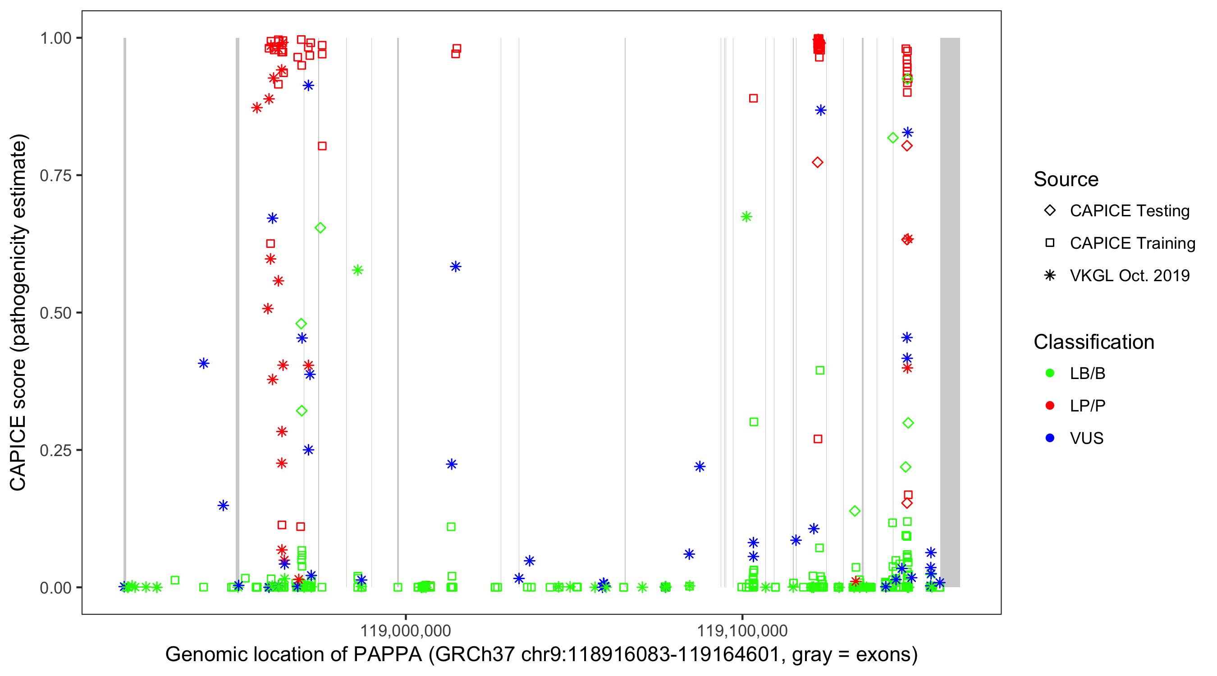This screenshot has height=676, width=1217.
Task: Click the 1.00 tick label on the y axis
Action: [x=55, y=38]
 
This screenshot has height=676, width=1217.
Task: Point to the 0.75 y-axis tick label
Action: [x=55, y=175]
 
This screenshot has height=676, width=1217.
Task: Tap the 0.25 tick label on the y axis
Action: [x=55, y=450]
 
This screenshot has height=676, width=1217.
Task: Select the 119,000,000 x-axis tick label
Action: [x=405, y=630]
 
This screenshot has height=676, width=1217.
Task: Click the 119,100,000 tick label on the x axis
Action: [x=742, y=630]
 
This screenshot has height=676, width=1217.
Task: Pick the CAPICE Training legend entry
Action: [x=1050, y=243]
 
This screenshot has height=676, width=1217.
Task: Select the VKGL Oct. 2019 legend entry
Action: [x=1050, y=275]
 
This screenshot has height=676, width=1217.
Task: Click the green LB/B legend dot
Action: [x=1050, y=373]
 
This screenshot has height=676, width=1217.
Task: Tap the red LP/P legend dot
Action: [x=1050, y=406]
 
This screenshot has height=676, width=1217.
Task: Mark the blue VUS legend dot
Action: [x=1050, y=438]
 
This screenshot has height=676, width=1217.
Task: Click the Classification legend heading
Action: [x=1093, y=342]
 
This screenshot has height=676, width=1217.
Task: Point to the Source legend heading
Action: [x=1066, y=179]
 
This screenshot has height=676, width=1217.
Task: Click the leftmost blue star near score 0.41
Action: [x=204, y=363]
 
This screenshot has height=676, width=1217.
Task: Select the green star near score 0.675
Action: [x=746, y=217]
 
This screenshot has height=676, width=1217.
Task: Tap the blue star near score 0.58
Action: [x=455, y=267]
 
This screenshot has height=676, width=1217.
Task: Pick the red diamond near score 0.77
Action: [x=817, y=163]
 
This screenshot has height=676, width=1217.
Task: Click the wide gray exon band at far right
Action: [x=950, y=312]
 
